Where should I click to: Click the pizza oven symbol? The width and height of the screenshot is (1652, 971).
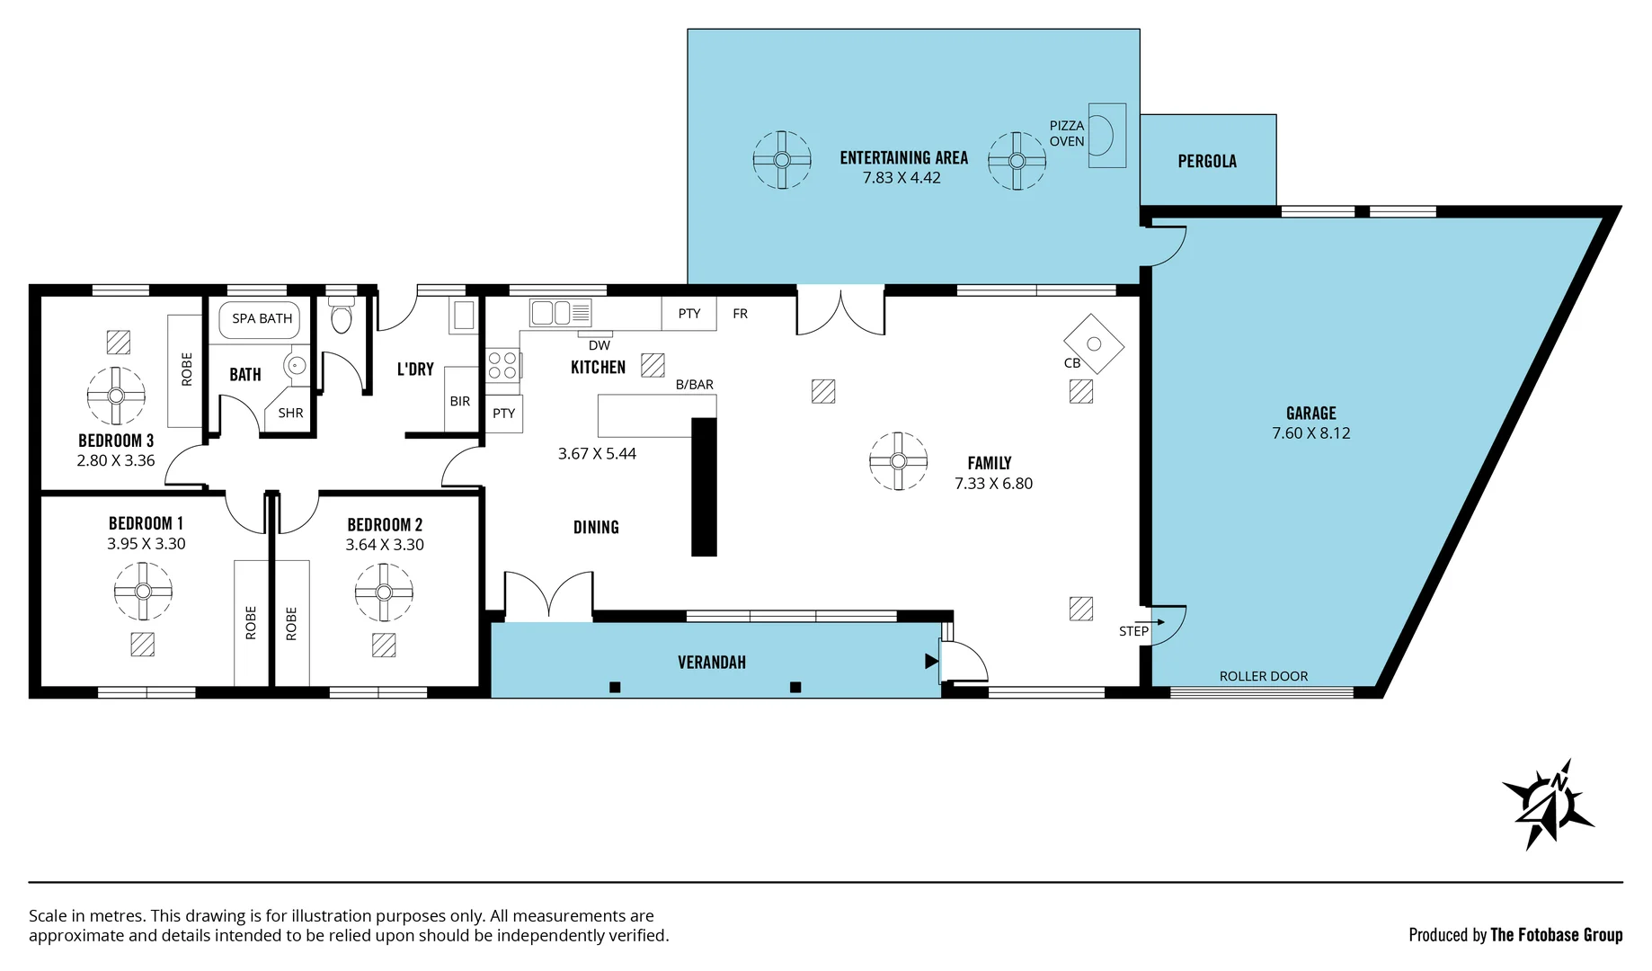pos(1106,136)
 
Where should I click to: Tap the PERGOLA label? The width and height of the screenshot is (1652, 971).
pos(1207,161)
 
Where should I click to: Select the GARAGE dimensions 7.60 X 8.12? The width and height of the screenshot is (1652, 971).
pos(1310,433)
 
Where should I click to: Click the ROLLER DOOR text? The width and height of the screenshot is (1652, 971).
pos(1263,676)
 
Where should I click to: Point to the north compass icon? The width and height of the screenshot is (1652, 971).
pos(1549,803)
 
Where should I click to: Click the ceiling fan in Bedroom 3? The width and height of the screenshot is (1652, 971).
pos(116,396)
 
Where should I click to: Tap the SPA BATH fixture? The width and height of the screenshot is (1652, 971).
pos(261,318)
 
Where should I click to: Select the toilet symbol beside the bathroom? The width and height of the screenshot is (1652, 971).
pos(341,317)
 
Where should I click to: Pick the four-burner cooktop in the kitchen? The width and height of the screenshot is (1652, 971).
pos(502,365)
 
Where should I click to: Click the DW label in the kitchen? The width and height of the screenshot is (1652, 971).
pos(599,345)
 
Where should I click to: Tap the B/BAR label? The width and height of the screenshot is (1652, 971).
pos(694,385)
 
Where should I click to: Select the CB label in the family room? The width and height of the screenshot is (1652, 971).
pos(1071,363)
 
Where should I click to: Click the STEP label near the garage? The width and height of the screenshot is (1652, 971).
pos(1133,631)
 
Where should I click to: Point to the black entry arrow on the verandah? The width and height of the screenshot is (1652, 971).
pos(931,662)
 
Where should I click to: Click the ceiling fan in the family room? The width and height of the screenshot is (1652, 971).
pos(898,461)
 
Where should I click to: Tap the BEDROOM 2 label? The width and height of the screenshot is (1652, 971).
pos(385,525)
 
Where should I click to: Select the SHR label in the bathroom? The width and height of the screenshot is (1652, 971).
pos(290,414)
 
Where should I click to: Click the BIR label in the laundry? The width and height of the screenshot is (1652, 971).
pos(459,402)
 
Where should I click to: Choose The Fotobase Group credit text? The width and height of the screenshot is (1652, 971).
pos(1556,935)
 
